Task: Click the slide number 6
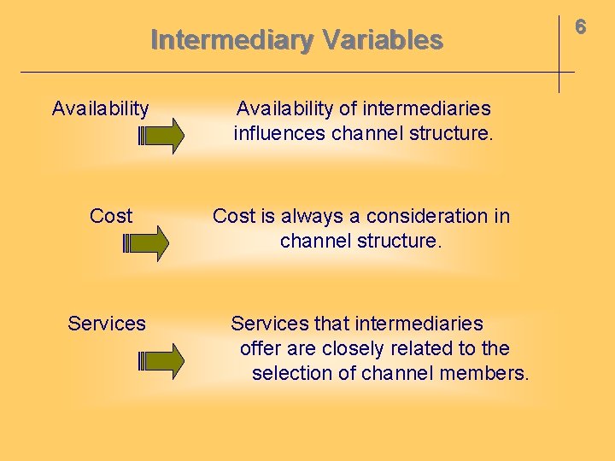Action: pos(580,27)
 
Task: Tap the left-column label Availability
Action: pos(100,108)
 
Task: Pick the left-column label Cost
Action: pos(111,216)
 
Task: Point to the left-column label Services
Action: pos(107,324)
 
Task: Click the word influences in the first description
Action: pos(279,133)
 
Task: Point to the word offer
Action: pos(260,348)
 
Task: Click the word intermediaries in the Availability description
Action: pos(427,108)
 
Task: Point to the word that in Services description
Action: pos(331,324)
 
